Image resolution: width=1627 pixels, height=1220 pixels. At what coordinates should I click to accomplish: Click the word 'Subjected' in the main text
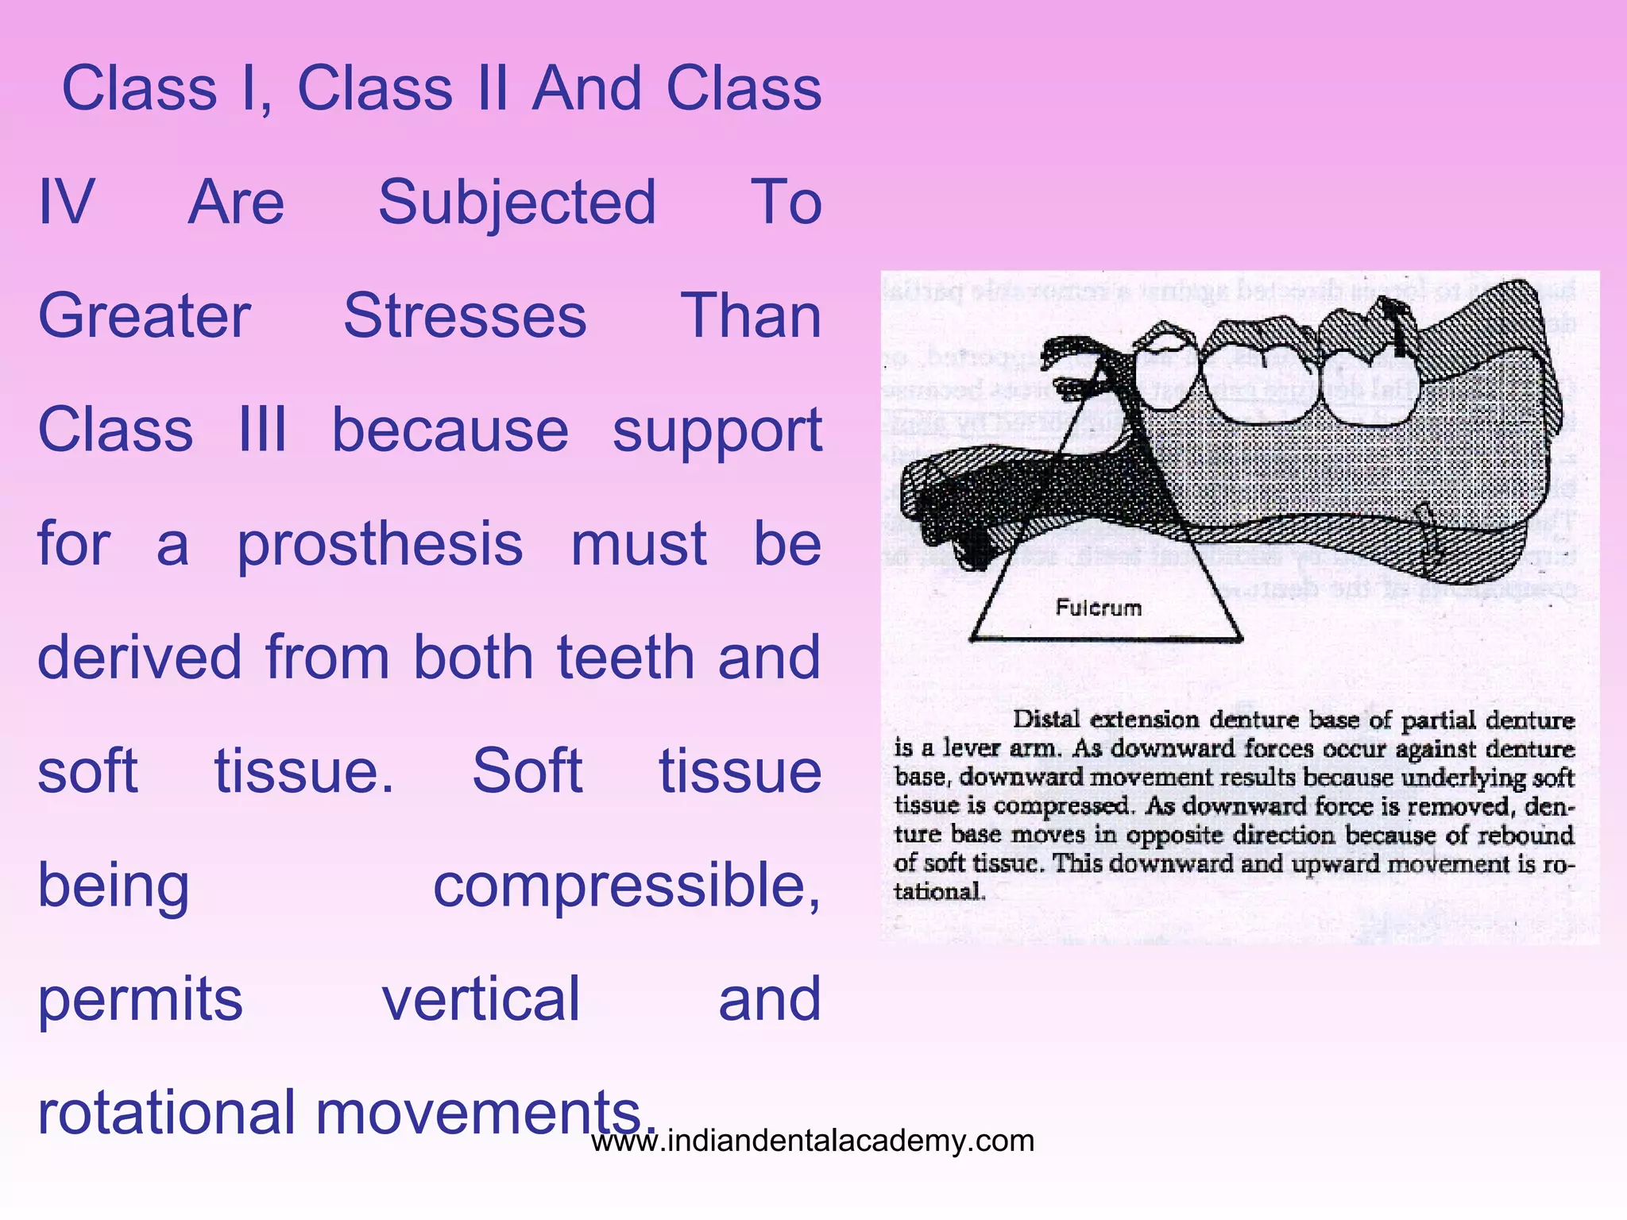click(517, 203)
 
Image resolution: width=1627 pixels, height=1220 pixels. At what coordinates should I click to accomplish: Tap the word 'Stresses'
click(465, 316)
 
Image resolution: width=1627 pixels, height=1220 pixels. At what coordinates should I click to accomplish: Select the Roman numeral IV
click(67, 203)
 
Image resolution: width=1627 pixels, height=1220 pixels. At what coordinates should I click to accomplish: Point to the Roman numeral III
click(262, 430)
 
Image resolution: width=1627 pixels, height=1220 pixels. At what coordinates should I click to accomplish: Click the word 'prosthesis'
click(380, 545)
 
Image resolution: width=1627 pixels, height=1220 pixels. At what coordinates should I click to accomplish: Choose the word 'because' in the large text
click(450, 430)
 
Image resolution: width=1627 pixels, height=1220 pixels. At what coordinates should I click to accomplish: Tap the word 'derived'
click(139, 658)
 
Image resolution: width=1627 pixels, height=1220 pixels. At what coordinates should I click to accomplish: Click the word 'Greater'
click(145, 316)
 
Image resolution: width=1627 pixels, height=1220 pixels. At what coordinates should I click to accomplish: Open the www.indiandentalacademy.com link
click(813, 1141)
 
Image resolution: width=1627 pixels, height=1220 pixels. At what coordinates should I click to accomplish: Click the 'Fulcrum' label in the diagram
click(1098, 608)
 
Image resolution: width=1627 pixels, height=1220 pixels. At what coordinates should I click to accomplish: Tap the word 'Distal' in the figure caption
click(1046, 720)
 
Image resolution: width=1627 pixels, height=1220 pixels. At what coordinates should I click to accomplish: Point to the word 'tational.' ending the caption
click(939, 891)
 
